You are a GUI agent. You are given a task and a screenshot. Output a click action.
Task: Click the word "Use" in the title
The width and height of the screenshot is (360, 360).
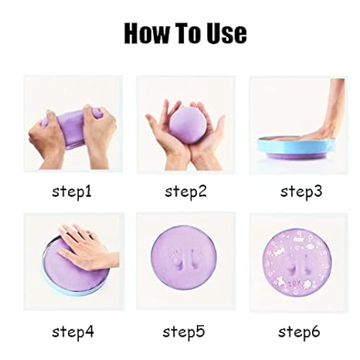pyautogui.click(x=225, y=33)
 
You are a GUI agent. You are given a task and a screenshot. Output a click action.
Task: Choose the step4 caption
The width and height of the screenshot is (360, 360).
pyautogui.click(x=73, y=333)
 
